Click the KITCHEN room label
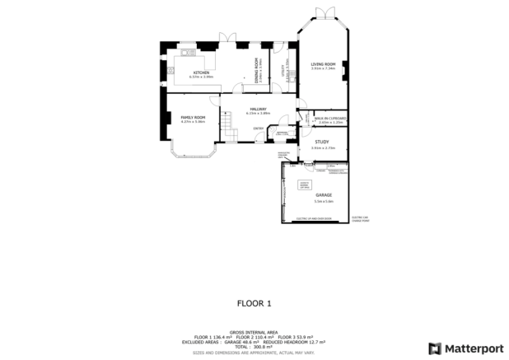(201, 72)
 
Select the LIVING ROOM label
(322, 64)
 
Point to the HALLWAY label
(258, 109)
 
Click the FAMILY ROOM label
(193, 118)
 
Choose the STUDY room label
(322, 142)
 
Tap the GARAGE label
(323, 195)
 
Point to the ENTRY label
(258, 128)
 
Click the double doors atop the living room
(322, 11)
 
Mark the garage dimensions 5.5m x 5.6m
(323, 200)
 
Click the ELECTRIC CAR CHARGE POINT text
(359, 219)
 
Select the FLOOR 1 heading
(254, 302)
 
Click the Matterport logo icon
(433, 348)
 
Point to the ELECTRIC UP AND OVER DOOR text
(313, 218)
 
